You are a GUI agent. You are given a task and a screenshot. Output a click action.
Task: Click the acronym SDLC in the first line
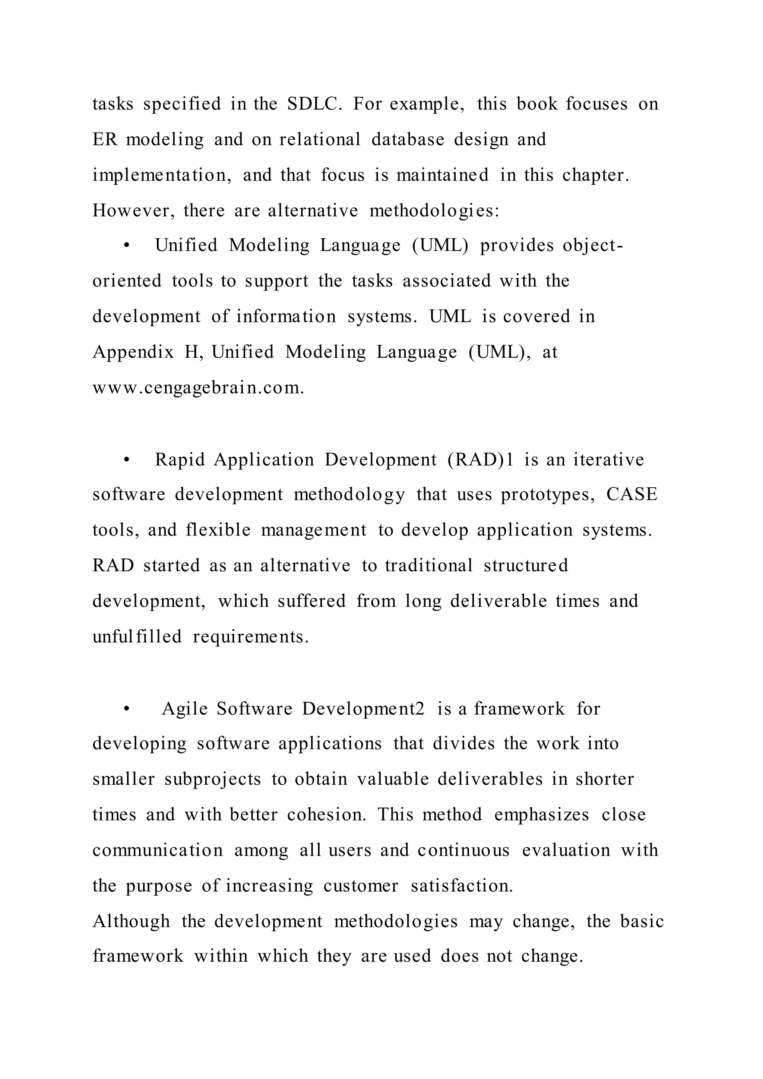coord(314,104)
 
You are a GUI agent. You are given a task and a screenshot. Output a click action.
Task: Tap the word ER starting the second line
coord(104,140)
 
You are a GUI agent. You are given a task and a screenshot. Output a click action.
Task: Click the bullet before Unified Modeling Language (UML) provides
coord(126,246)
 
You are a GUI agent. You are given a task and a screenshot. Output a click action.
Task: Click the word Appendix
coord(133,352)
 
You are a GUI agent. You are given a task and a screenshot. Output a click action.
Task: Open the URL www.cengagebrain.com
coord(198,388)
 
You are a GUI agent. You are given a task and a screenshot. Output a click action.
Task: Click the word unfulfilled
coord(137,637)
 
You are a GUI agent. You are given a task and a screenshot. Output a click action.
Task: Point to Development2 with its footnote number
coord(363,709)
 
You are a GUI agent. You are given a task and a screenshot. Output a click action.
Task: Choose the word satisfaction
coord(462,886)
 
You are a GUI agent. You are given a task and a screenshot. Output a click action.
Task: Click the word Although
coord(131,921)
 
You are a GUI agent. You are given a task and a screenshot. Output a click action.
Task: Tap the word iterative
coord(608,460)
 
